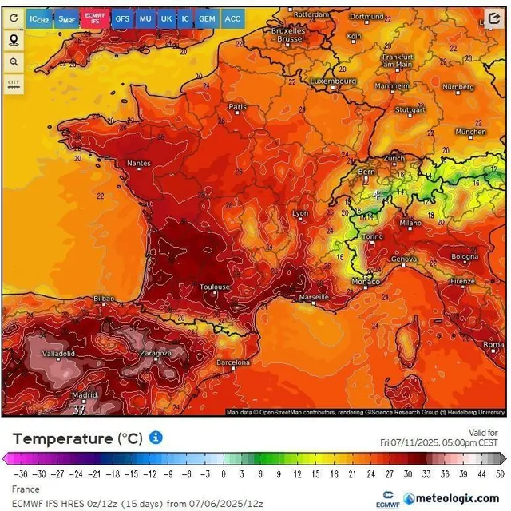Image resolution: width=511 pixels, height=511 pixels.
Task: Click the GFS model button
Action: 122,18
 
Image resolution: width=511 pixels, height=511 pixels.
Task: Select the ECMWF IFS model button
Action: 95,18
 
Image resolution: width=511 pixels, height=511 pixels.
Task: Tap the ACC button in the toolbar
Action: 232,18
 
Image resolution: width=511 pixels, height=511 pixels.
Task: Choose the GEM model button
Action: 207,18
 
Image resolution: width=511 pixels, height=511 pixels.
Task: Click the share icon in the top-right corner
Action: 493,18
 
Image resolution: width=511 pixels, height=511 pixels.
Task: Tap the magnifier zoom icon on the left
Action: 14,61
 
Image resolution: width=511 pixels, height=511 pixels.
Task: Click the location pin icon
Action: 14,40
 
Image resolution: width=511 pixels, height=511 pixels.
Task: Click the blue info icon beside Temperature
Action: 156,438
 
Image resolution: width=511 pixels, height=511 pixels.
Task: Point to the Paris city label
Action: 237,106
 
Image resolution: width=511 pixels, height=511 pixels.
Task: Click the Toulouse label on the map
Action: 215,287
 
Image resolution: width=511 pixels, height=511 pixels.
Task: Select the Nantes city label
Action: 138,164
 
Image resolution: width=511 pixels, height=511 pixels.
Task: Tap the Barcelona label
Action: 233,362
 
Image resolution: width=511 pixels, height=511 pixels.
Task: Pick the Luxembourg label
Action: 332,81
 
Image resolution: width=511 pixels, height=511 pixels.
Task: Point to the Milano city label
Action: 410,223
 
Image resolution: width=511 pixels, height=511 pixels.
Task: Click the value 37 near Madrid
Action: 79,410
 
